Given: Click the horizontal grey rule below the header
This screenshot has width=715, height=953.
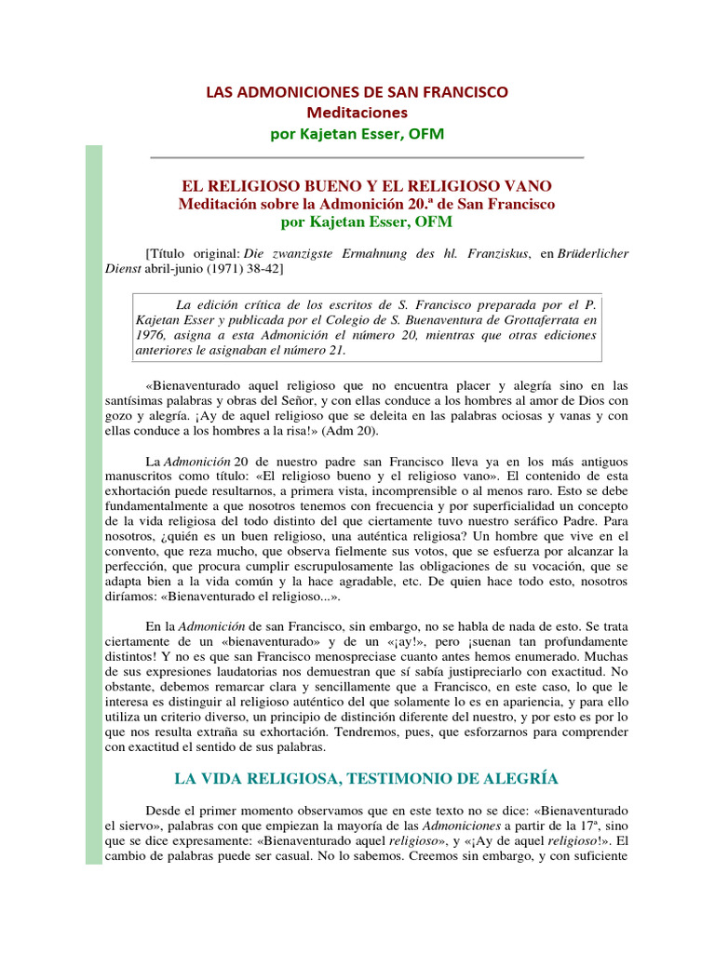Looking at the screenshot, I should click(x=366, y=157).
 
